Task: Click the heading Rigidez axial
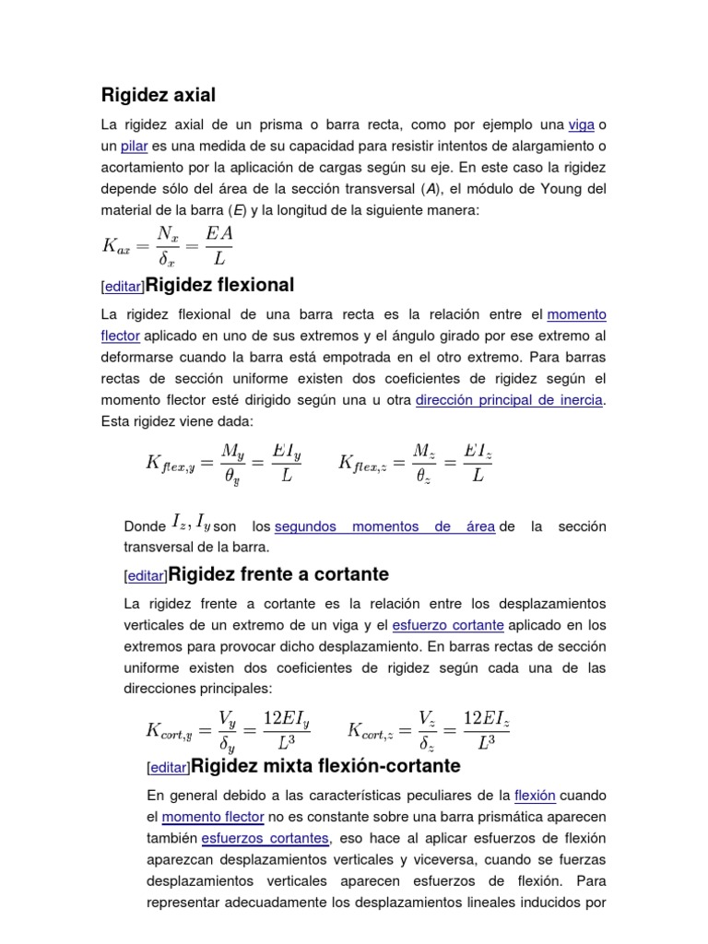(x=158, y=95)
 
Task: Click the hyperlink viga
(x=581, y=124)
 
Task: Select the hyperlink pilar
(x=134, y=146)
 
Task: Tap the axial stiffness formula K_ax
(x=168, y=244)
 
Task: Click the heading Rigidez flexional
(x=219, y=284)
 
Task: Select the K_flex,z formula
(x=418, y=462)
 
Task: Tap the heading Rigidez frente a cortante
(x=278, y=575)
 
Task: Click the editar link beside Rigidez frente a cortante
(x=146, y=577)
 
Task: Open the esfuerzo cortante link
(x=448, y=625)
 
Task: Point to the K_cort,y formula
(x=228, y=730)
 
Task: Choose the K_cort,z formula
(x=428, y=730)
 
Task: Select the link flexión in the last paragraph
(x=535, y=795)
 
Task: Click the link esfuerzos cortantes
(x=265, y=838)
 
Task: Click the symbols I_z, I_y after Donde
(x=192, y=525)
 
